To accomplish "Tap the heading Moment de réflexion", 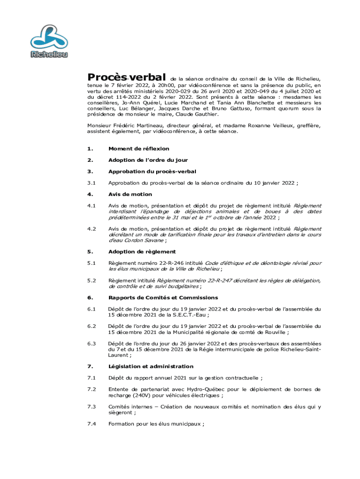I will click(139, 149).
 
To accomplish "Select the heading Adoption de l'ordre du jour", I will click(148, 160).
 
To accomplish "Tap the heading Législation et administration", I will click(151, 366).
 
